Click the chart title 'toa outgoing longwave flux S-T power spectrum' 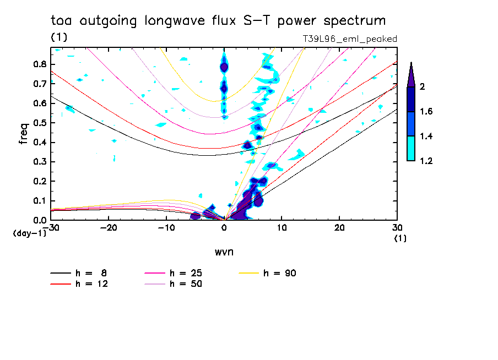pyautogui.click(x=218, y=21)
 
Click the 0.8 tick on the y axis pyautogui.click(x=39, y=64)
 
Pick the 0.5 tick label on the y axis pyautogui.click(x=39, y=123)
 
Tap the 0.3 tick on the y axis pyautogui.click(x=39, y=162)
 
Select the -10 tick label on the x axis pyautogui.click(x=166, y=227)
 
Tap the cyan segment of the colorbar pyautogui.click(x=411, y=148)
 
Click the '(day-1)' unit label pyautogui.click(x=29, y=233)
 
